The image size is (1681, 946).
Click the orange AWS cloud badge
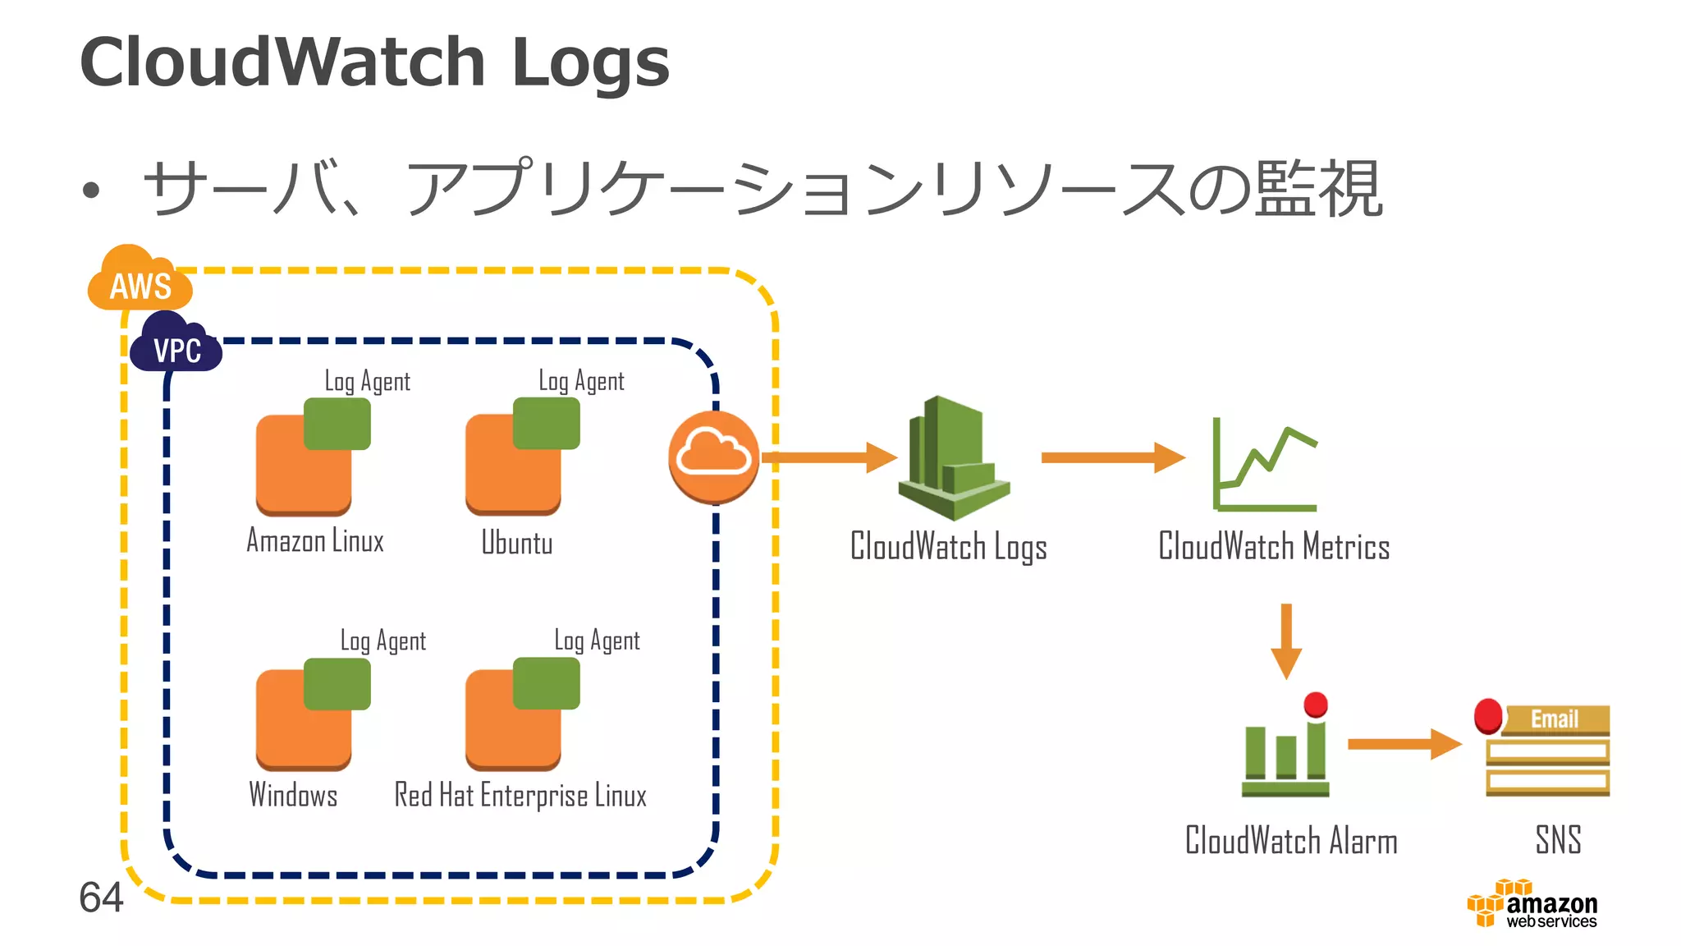tap(140, 282)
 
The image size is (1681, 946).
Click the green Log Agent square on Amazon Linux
tap(337, 424)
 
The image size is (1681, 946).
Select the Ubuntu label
tap(516, 544)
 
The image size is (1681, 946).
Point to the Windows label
tap(293, 795)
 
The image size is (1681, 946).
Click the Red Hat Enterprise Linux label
tap(520, 796)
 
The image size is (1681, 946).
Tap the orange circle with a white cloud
tap(713, 457)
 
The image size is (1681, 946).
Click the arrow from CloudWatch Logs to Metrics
tap(1112, 457)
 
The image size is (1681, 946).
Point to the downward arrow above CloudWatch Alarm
tap(1286, 641)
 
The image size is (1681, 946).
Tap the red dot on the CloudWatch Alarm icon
tap(1316, 705)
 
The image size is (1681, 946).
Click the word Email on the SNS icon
tap(1554, 719)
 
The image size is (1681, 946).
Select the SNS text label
tap(1558, 840)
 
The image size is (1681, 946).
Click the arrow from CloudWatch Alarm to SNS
tap(1404, 744)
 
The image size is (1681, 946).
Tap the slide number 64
tap(101, 898)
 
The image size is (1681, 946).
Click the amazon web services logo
tap(1532, 906)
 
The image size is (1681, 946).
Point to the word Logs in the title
tap(590, 64)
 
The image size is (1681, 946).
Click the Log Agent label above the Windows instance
tap(383, 641)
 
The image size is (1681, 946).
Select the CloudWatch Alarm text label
tap(1291, 841)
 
